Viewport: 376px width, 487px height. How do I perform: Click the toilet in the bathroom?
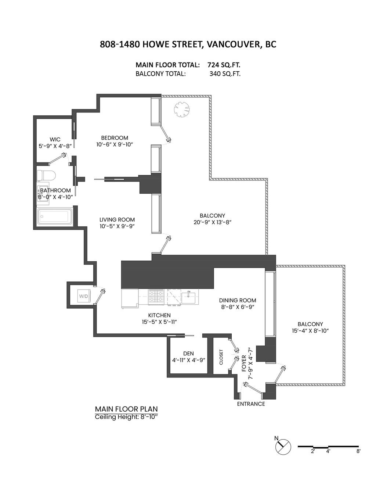(46, 175)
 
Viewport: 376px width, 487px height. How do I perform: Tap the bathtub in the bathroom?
(55, 216)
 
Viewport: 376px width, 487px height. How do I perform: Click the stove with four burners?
(157, 297)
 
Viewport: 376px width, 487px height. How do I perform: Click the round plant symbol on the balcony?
(182, 109)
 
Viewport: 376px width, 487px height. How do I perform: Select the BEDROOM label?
(115, 138)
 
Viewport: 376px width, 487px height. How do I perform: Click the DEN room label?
(188, 353)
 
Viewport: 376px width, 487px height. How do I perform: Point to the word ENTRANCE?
(251, 404)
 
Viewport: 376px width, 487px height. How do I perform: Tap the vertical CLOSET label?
(221, 357)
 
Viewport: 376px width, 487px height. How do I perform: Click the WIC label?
(55, 139)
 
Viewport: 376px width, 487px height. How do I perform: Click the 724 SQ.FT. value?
(224, 65)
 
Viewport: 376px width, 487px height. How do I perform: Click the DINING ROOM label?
(237, 300)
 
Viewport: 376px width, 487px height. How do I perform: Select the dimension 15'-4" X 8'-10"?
(310, 330)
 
